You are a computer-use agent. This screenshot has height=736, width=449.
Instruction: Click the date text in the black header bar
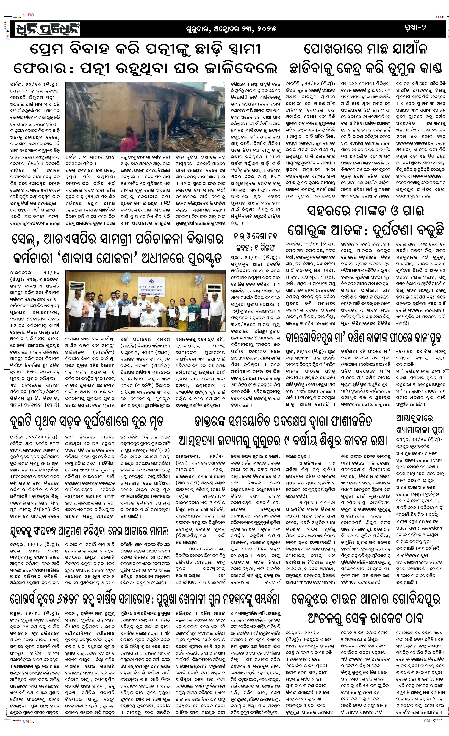(230, 29)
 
